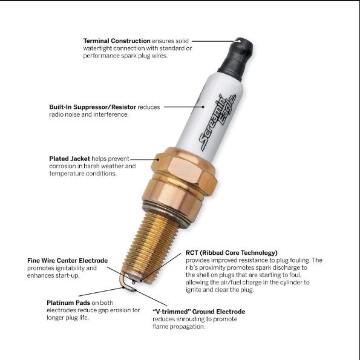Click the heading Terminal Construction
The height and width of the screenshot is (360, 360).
pyautogui.click(x=117, y=41)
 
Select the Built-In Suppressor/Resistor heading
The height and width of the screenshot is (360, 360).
pyautogui.click(x=93, y=107)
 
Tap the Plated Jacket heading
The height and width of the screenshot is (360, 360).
pyautogui.click(x=70, y=159)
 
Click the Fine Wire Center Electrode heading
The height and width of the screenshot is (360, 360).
pyautogui.click(x=68, y=261)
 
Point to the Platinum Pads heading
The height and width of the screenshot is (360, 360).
pyautogui.click(x=68, y=303)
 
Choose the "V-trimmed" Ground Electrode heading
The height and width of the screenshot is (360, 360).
pyautogui.click(x=199, y=312)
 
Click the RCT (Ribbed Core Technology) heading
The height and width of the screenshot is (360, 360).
pyautogui.click(x=231, y=253)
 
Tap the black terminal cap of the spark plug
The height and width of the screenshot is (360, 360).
pyautogui.click(x=237, y=59)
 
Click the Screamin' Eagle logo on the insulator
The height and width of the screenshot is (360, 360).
pyautogui.click(x=217, y=122)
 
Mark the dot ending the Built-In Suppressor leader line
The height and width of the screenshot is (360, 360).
pyautogui.click(x=203, y=106)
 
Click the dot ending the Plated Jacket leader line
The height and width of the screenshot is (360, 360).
pyautogui.click(x=158, y=159)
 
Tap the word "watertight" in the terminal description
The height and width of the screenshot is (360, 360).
pyautogui.click(x=97, y=48)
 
